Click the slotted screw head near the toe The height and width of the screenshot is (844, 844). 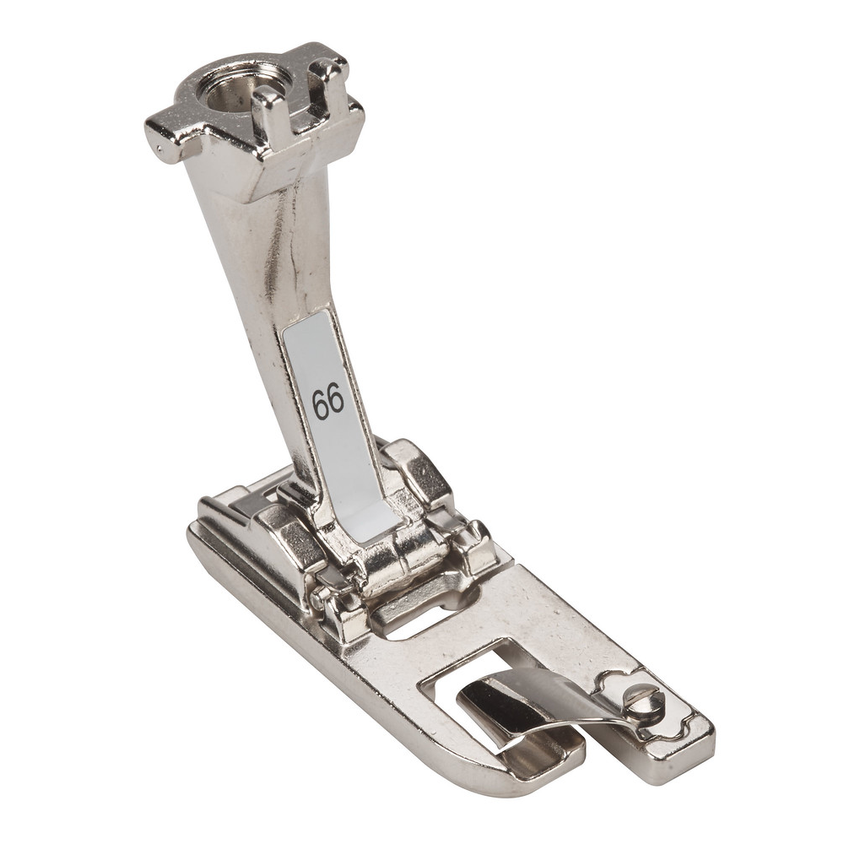click(x=644, y=700)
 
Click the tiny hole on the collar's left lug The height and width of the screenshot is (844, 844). click(x=157, y=145)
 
